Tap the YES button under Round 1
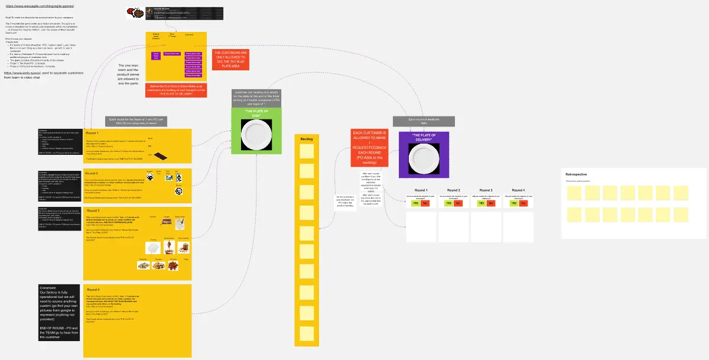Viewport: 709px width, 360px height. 416,203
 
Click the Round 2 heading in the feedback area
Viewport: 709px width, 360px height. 454,190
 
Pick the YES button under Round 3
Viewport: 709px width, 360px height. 481,203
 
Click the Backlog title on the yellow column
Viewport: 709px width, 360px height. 307,139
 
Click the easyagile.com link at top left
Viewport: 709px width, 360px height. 40,6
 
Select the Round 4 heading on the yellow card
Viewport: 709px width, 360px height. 94,290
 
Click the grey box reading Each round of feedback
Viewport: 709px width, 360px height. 424,121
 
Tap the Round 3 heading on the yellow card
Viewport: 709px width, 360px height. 94,211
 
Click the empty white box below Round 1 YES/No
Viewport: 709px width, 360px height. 421,227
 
